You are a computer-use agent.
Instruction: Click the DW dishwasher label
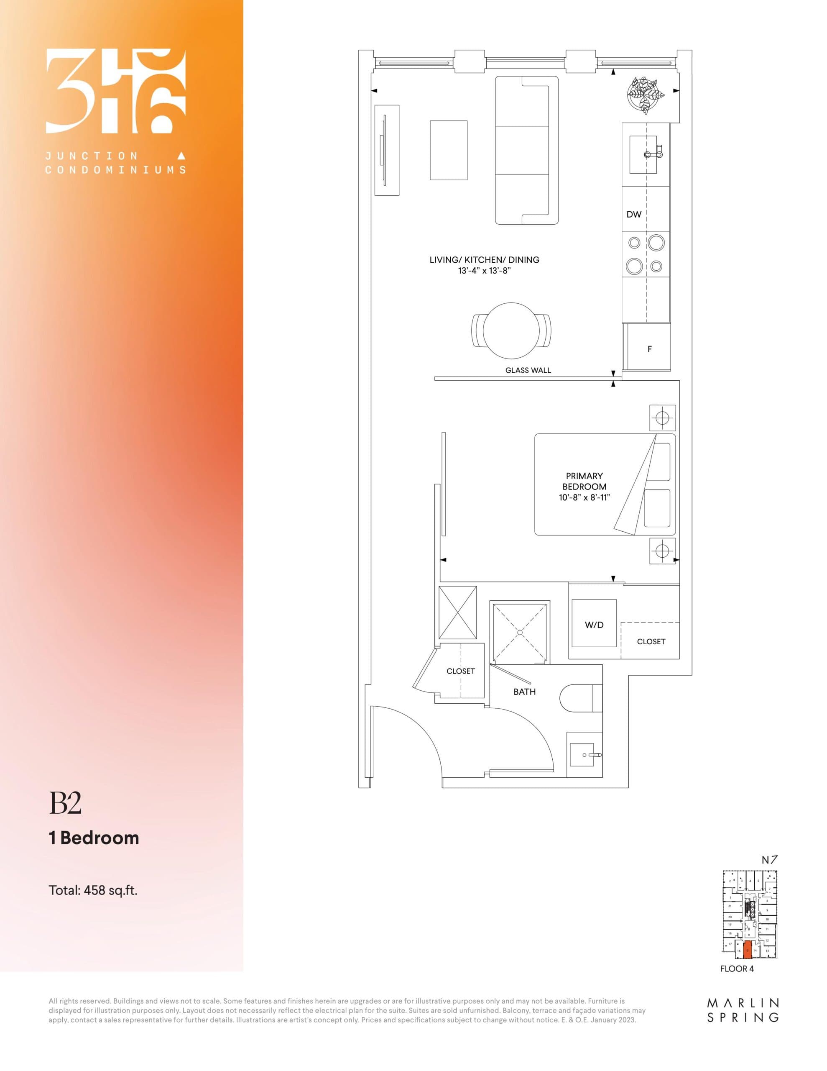pyautogui.click(x=634, y=214)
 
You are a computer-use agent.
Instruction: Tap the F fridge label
pyautogui.click(x=650, y=349)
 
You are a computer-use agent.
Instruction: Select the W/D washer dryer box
pyautogui.click(x=594, y=625)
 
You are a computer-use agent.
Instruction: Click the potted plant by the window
pyautogui.click(x=646, y=95)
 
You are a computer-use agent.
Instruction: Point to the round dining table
pyautogui.click(x=511, y=331)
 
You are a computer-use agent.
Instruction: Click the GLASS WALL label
pyautogui.click(x=528, y=370)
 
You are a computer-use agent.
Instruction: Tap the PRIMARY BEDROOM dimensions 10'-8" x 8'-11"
pyautogui.click(x=585, y=497)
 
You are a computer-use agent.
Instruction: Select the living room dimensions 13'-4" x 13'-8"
pyautogui.click(x=484, y=270)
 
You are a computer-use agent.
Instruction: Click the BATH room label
pyautogui.click(x=524, y=692)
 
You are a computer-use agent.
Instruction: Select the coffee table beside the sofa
pyautogui.click(x=449, y=150)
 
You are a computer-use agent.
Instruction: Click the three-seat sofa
pyautogui.click(x=526, y=150)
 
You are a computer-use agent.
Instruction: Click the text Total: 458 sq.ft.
pyautogui.click(x=93, y=889)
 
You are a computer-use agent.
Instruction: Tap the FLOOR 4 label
pyautogui.click(x=737, y=969)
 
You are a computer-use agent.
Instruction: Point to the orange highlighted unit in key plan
pyautogui.click(x=747, y=949)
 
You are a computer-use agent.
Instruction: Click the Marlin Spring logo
pyautogui.click(x=743, y=1010)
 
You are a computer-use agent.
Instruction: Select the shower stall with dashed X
pyautogui.click(x=520, y=632)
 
